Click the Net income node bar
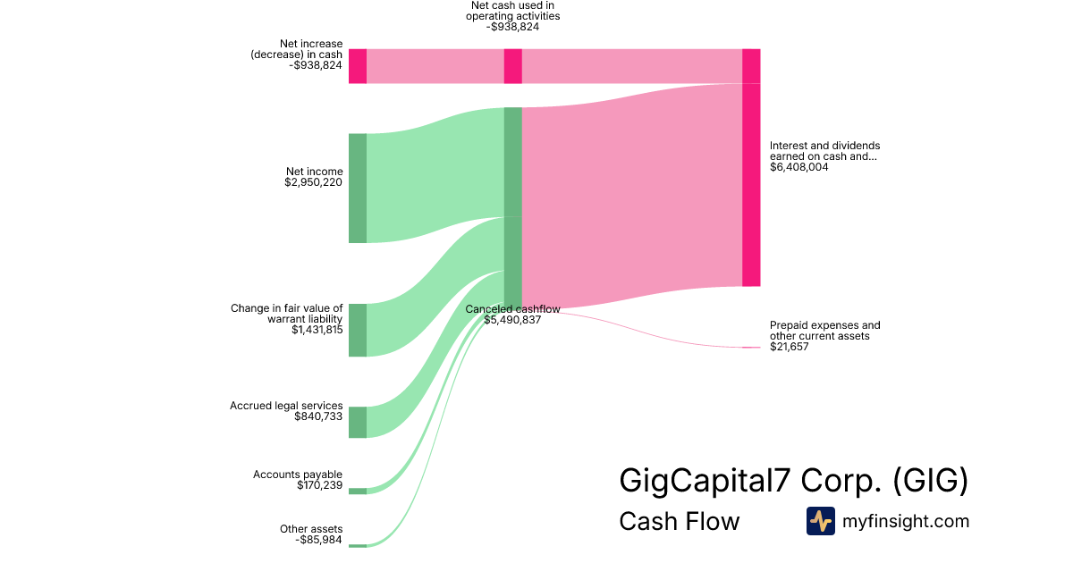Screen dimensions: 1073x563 [358, 188]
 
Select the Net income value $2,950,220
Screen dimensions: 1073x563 [313, 183]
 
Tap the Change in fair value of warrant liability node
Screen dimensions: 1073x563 [358, 330]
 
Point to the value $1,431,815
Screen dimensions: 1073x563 [317, 330]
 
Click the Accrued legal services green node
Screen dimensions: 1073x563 [358, 422]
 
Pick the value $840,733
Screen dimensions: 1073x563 [317, 416]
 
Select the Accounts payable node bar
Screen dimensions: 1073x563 [358, 491]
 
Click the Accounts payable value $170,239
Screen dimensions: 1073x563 [319, 485]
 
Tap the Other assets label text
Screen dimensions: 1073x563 [310, 529]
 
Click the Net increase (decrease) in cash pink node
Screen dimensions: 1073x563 [358, 66]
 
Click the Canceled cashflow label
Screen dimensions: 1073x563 [512, 309]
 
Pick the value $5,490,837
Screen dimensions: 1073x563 [512, 320]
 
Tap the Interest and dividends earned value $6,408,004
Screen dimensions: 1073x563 [798, 167]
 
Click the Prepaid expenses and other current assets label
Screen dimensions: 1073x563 [824, 331]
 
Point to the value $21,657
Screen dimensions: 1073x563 [789, 347]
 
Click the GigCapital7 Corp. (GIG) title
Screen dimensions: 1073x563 [793, 481]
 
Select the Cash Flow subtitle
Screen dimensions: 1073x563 [679, 522]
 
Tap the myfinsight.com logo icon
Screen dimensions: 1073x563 [820, 521]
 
